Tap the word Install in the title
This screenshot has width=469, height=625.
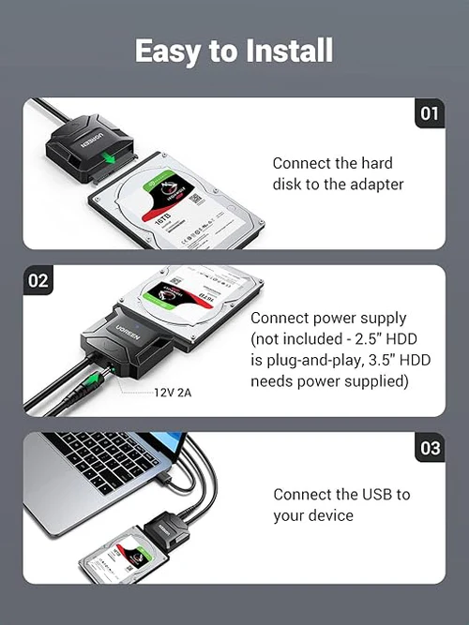click(x=289, y=50)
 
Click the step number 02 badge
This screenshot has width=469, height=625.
click(x=38, y=279)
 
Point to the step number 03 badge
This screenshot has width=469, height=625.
click(x=429, y=448)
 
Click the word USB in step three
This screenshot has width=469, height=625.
click(x=376, y=494)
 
